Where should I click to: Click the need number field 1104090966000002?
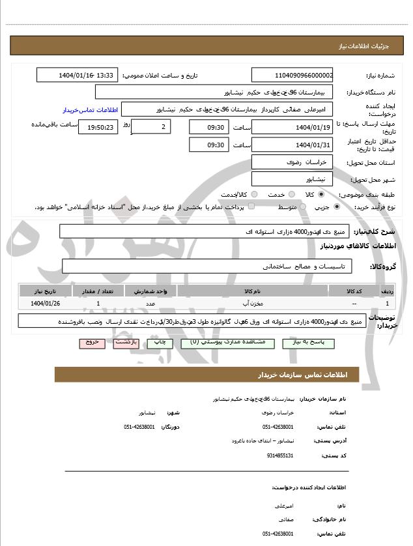point(292,75)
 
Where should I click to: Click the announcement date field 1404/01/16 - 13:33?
point(77,75)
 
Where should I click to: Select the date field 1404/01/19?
point(292,126)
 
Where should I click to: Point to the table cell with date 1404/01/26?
point(45,303)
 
